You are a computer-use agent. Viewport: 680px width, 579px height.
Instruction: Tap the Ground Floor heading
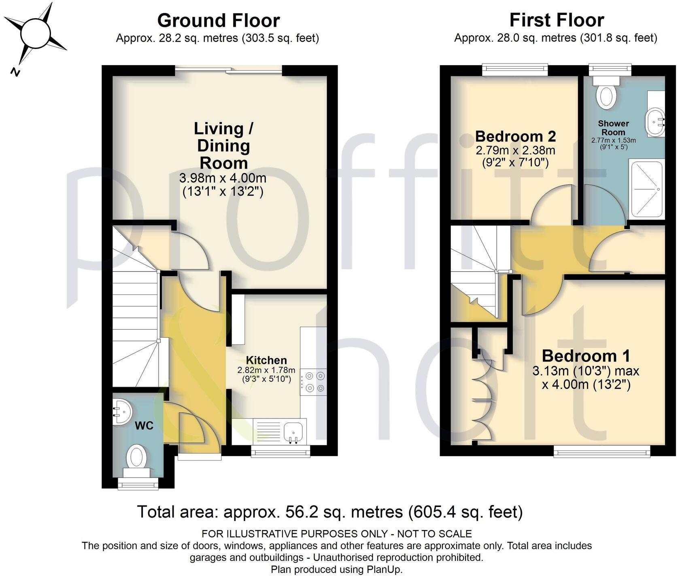[x=218, y=20]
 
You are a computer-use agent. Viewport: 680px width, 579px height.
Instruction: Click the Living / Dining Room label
[x=223, y=146]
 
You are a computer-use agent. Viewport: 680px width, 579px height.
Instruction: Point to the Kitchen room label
[x=266, y=360]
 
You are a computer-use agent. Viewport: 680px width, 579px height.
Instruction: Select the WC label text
[x=144, y=426]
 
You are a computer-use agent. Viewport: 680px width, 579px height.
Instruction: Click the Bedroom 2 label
[x=515, y=136]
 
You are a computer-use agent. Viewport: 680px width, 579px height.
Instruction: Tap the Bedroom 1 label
[x=586, y=356]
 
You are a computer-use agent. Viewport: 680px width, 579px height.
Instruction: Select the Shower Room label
[x=613, y=128]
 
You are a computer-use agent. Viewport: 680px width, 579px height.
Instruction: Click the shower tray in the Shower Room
[x=646, y=188]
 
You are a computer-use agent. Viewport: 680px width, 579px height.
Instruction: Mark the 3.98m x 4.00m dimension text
[x=223, y=178]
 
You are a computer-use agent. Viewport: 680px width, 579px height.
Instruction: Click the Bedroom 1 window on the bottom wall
[x=602, y=451]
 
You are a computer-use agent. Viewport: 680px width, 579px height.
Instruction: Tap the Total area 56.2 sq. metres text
[x=329, y=512]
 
